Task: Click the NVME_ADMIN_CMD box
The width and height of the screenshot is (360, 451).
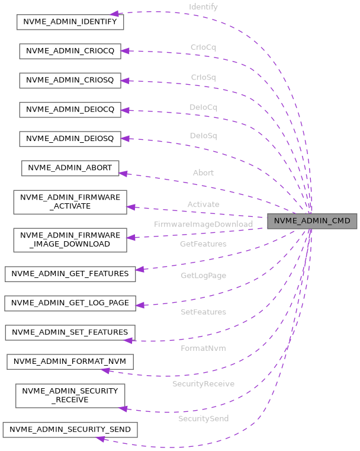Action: tap(312, 222)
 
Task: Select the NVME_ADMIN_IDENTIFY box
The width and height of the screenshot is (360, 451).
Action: tap(70, 21)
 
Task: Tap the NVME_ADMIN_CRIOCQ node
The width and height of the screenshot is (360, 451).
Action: tap(70, 51)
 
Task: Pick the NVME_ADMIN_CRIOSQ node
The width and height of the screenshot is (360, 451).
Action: tap(70, 80)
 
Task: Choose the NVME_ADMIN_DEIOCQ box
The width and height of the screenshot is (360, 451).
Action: tap(70, 110)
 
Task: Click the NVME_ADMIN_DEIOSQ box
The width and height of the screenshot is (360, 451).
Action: tap(70, 139)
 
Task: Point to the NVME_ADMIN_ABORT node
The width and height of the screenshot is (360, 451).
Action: tap(70, 168)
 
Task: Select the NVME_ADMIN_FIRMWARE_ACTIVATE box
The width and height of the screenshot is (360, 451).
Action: tap(70, 201)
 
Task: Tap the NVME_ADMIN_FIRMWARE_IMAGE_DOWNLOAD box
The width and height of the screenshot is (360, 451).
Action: tap(70, 239)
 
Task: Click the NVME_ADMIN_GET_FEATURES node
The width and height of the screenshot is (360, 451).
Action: tap(70, 273)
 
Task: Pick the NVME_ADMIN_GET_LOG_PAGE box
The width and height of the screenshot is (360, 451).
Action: tap(70, 303)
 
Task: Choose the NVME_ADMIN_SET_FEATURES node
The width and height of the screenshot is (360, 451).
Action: tap(70, 332)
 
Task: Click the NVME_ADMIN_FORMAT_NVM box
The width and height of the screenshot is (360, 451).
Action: tap(70, 362)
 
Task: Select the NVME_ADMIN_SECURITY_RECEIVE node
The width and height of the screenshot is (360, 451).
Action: tap(70, 395)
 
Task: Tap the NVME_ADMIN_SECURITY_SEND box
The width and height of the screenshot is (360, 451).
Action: tap(70, 429)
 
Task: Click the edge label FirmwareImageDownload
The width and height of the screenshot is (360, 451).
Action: tap(203, 224)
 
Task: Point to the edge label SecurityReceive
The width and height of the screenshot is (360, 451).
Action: tap(203, 384)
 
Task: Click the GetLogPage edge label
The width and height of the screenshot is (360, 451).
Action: tap(203, 276)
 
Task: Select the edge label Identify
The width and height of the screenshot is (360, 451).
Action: tap(203, 7)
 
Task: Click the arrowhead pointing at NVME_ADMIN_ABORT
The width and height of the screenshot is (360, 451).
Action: tap(123, 173)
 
